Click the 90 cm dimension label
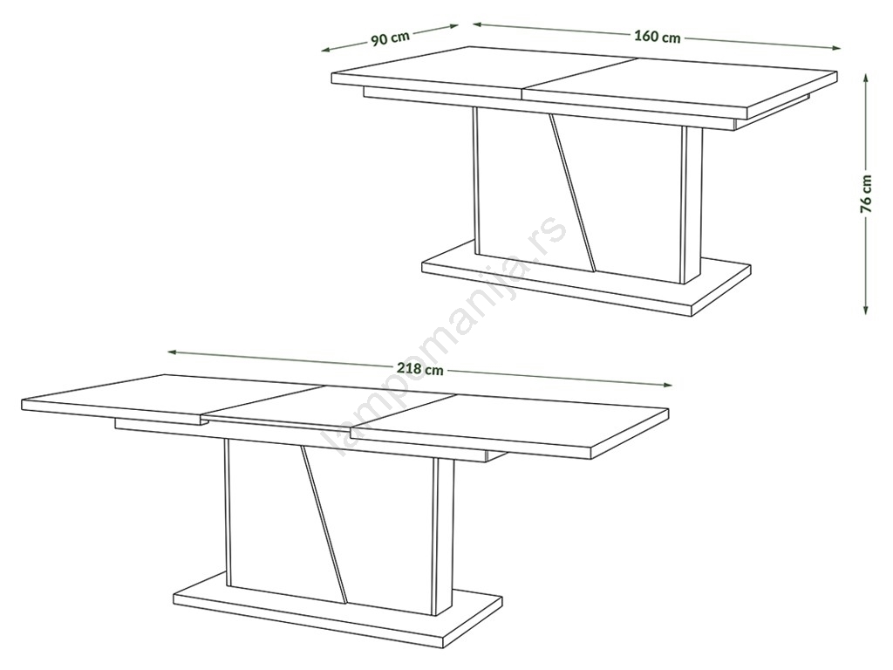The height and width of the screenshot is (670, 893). [x=391, y=38]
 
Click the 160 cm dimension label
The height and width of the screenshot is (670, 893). [x=658, y=37]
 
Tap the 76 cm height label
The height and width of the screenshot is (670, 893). [x=866, y=194]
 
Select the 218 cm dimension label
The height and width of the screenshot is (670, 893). [x=419, y=369]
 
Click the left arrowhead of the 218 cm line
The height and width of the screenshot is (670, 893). [x=172, y=352]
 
